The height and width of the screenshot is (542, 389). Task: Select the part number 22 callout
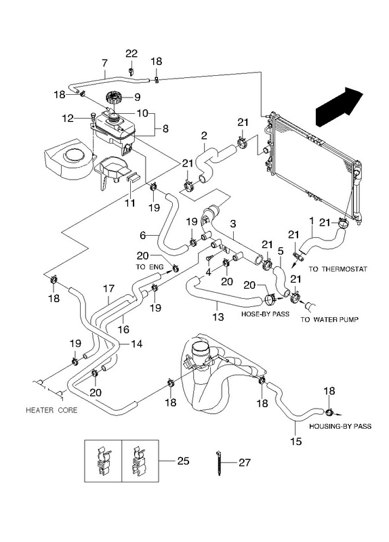coord(131,54)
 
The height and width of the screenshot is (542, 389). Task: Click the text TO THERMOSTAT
coord(337,268)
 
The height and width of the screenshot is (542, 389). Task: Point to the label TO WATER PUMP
coord(329,319)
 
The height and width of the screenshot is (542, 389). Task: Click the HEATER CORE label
coord(52,410)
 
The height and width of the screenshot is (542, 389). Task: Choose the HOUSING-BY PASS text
coord(340,426)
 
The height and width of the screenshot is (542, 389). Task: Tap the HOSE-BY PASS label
coord(265,314)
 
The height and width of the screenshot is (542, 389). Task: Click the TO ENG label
coord(150,267)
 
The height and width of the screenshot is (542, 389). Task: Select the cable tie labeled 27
coord(219,463)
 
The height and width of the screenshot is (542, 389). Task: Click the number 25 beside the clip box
coord(183,461)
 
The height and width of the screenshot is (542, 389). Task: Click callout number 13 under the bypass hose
coord(218,316)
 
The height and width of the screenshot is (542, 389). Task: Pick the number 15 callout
coord(296,442)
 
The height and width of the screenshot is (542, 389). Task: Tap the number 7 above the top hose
coord(104,63)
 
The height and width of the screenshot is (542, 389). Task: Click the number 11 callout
coord(129,203)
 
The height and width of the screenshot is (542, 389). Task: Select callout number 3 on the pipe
coord(233,224)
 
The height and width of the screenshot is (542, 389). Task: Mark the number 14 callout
coord(137,344)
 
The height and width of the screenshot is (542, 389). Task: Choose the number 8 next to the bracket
coord(165,129)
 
